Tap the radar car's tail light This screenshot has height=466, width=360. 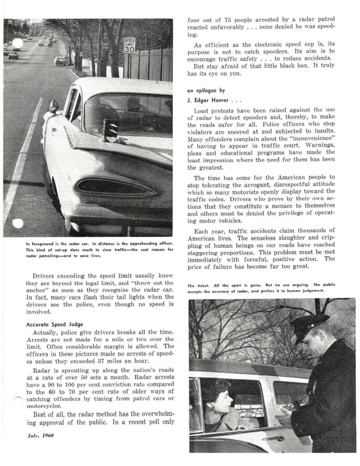tap(116, 188)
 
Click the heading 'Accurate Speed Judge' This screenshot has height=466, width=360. tap(54, 324)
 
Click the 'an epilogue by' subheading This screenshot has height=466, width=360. tap(206, 90)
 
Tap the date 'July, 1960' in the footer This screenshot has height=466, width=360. tap(41, 435)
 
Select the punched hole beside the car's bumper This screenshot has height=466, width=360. tap(18, 224)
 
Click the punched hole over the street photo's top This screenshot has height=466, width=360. tap(18, 43)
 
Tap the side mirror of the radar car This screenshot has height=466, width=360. tap(54, 105)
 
